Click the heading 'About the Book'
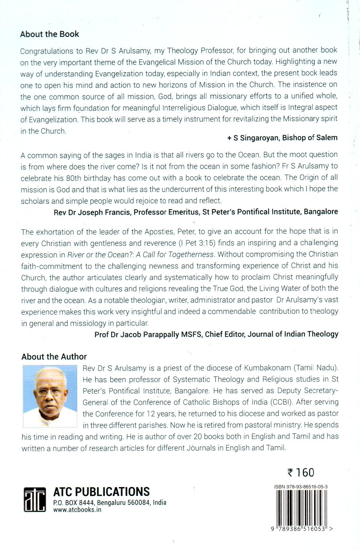(x=50, y=34)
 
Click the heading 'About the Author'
(x=54, y=356)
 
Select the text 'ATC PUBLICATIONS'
(x=102, y=491)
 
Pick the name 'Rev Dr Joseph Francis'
(x=92, y=212)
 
